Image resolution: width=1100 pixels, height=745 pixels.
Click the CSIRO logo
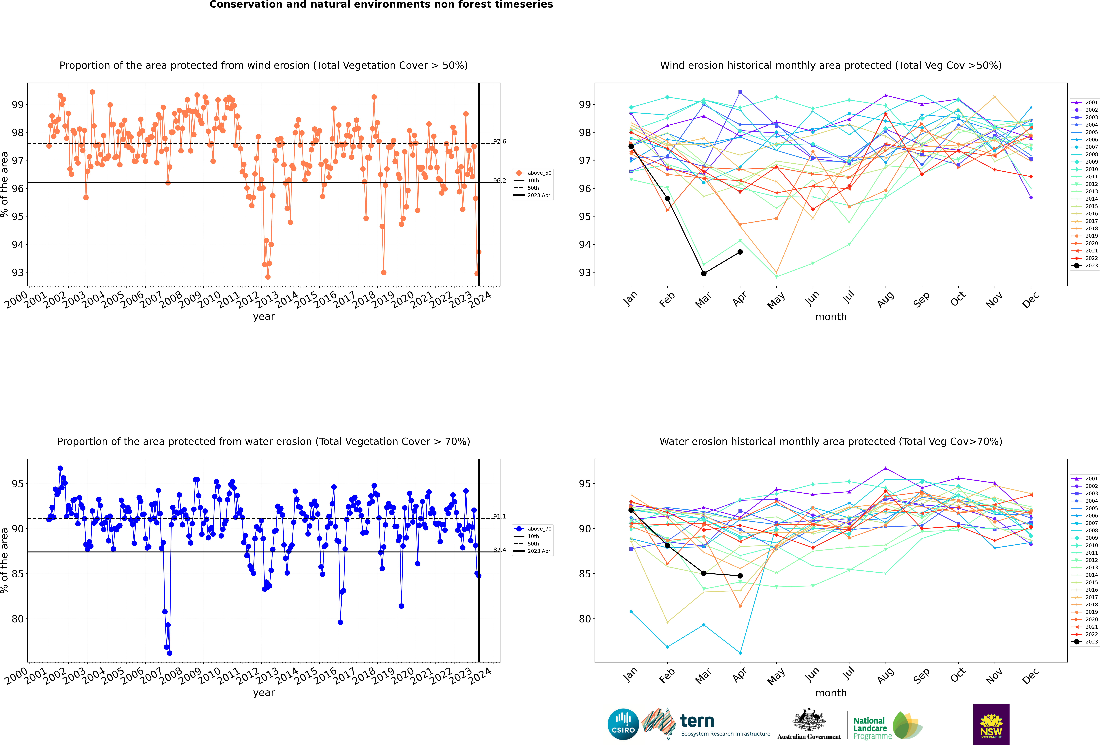point(623,724)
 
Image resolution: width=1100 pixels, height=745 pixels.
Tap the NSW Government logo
point(991,724)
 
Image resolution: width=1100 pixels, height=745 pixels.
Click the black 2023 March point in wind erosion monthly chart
point(704,273)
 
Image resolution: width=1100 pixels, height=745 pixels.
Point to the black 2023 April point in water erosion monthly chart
point(740,576)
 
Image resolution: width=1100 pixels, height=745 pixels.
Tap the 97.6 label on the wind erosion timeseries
point(499,141)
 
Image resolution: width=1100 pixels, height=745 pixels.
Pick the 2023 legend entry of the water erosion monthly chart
point(1085,642)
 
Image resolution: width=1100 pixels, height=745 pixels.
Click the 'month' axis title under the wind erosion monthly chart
point(831,317)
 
